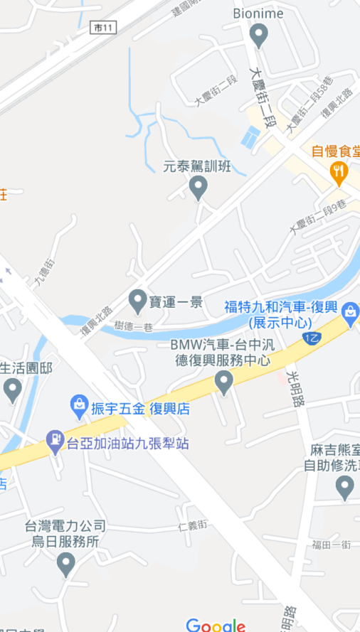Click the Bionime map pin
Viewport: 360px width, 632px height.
pos(259,34)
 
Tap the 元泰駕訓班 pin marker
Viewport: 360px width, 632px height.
pos(198,187)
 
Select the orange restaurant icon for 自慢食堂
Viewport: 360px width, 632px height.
pos(339,171)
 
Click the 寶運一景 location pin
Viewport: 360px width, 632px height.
pos(137,301)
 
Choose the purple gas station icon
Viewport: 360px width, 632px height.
pos(54,442)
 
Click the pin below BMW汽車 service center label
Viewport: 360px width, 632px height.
pos(224,382)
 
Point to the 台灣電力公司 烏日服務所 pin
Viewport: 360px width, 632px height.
pos(65,564)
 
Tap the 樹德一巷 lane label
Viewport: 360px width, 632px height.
pos(134,326)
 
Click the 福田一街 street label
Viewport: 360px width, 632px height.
pos(332,545)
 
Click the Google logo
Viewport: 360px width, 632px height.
pos(216,626)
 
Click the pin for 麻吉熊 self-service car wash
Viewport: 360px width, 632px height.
pos(344,487)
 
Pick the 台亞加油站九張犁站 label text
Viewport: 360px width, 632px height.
pos(128,444)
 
